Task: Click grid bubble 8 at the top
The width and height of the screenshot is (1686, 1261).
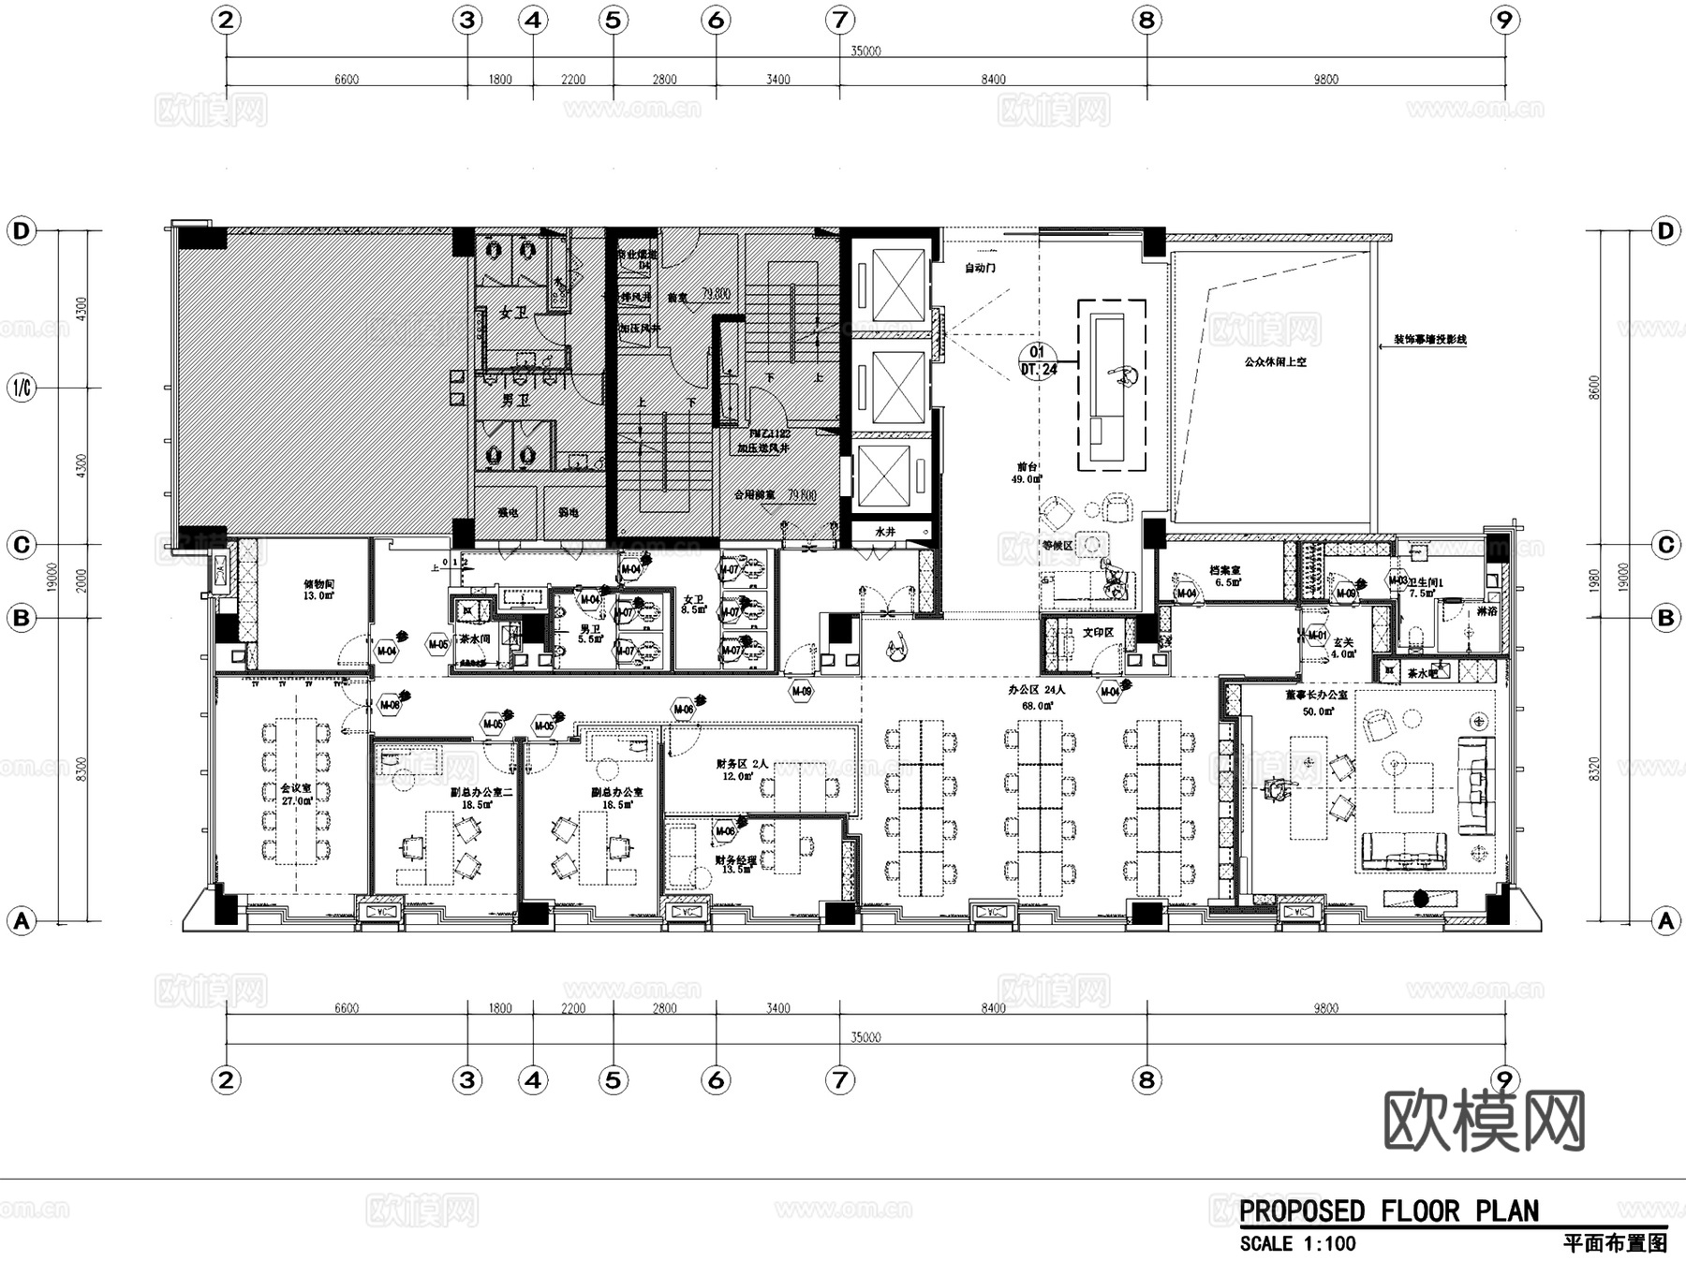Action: pyautogui.click(x=1146, y=20)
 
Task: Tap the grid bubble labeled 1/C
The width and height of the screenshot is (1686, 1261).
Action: pyautogui.click(x=21, y=388)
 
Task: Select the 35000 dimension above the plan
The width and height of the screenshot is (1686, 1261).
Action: pyautogui.click(x=865, y=51)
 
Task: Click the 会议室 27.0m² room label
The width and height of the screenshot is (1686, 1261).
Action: pyautogui.click(x=296, y=795)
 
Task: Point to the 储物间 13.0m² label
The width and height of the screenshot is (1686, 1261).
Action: pyautogui.click(x=318, y=589)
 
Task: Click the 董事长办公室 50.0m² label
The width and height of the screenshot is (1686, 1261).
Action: pyautogui.click(x=1316, y=703)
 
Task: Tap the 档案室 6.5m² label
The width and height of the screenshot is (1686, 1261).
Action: pyautogui.click(x=1224, y=576)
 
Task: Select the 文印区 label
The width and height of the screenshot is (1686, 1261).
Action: pyautogui.click(x=1098, y=633)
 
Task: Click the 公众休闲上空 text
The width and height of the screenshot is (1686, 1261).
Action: pyautogui.click(x=1275, y=361)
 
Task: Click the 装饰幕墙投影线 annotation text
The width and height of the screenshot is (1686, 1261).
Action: pyautogui.click(x=1429, y=340)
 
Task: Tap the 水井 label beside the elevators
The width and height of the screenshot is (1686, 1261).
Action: pyautogui.click(x=885, y=531)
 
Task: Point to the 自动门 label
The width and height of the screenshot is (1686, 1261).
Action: pyautogui.click(x=980, y=268)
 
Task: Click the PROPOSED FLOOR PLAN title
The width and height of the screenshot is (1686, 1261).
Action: pyautogui.click(x=1389, y=1211)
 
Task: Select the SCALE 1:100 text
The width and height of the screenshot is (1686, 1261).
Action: pyautogui.click(x=1297, y=1244)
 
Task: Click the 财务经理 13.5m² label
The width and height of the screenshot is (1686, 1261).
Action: pyautogui.click(x=734, y=864)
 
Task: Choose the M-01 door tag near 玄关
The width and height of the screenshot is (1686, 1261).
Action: pyautogui.click(x=1317, y=636)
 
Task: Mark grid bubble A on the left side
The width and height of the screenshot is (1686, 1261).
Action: pyautogui.click(x=21, y=921)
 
